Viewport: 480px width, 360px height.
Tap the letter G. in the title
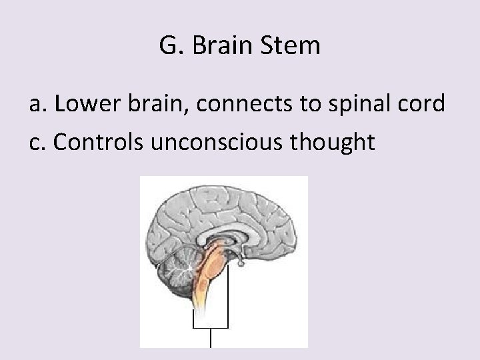tap(170, 46)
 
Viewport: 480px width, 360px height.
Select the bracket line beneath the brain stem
tap(211, 327)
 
